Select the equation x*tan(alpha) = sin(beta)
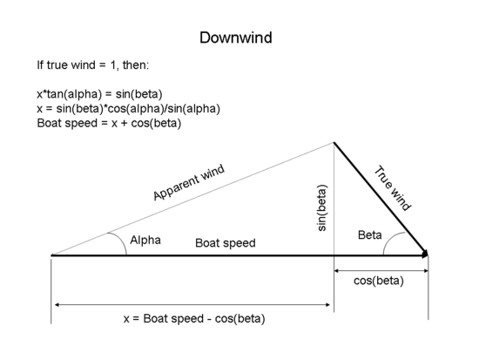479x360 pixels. [111, 93]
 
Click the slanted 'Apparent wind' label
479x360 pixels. [189, 183]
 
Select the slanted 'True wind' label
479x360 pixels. [393, 187]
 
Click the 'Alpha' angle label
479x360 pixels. [145, 240]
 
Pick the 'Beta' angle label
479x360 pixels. [370, 235]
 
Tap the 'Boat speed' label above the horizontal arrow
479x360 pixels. [225, 243]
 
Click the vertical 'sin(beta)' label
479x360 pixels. [321, 207]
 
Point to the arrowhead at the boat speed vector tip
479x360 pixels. [425, 255]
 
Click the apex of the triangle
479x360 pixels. [334, 143]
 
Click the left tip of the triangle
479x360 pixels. [52, 255]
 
